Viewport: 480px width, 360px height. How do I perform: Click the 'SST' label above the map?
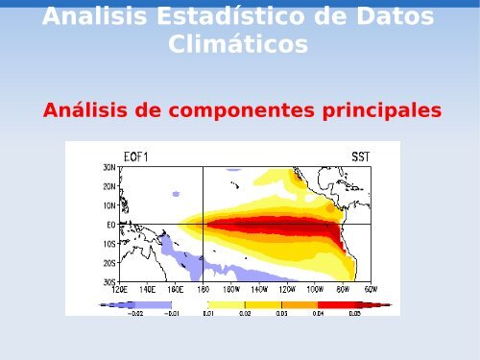pyautogui.click(x=360, y=156)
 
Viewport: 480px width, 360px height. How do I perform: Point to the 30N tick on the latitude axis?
pyautogui.click(x=109, y=167)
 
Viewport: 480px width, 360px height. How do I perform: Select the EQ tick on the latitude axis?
pyautogui.click(x=110, y=225)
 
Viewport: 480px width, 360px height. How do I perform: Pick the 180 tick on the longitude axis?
pyautogui.click(x=203, y=288)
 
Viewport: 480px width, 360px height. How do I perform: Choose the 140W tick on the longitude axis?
pyautogui.click(x=259, y=288)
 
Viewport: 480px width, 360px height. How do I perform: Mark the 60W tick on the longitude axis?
pyautogui.click(x=370, y=288)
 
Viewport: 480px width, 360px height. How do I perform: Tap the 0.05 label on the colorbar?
pyautogui.click(x=354, y=313)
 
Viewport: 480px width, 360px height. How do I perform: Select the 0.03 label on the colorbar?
pyautogui.click(x=281, y=313)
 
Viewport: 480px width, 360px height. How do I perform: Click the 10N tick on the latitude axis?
pyautogui.click(x=109, y=205)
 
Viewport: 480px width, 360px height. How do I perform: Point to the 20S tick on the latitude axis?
pyautogui.click(x=109, y=262)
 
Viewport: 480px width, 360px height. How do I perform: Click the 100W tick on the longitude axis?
pyautogui.click(x=315, y=288)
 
